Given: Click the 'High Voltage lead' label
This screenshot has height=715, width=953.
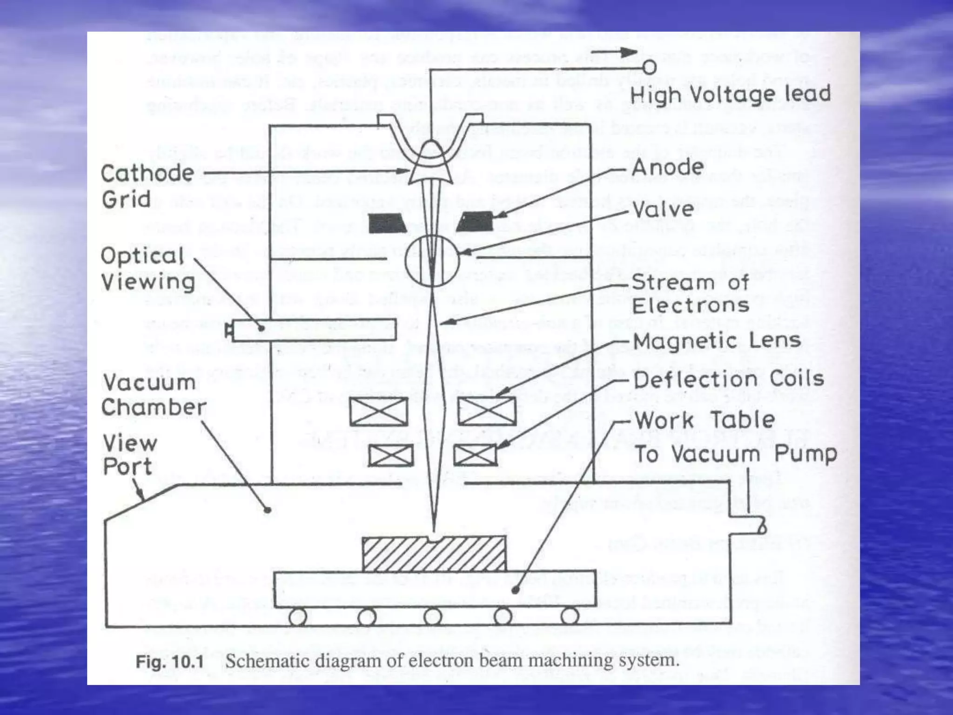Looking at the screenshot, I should tap(730, 94).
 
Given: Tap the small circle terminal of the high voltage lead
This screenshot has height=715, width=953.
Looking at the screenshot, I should tap(650, 67).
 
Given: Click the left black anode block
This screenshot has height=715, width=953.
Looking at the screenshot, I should tap(388, 223).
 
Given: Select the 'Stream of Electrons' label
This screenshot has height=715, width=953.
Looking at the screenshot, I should tap(691, 294).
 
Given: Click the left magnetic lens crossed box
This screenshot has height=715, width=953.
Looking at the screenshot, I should tap(379, 412).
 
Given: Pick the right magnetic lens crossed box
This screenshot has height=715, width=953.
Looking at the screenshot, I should tap(487, 412).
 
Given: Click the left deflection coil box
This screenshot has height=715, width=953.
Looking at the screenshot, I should tap(391, 455).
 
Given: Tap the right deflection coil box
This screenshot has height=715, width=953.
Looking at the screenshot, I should tap(475, 455).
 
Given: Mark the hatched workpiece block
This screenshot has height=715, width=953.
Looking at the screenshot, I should tap(434, 554).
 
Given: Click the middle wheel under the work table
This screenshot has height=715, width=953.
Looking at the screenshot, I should tap(433, 616).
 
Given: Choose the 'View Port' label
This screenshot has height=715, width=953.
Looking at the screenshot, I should tap(130, 454).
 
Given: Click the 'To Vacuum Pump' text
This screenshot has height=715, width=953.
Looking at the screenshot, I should tap(736, 454).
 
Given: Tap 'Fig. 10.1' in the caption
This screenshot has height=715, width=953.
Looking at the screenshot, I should tap(170, 661).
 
